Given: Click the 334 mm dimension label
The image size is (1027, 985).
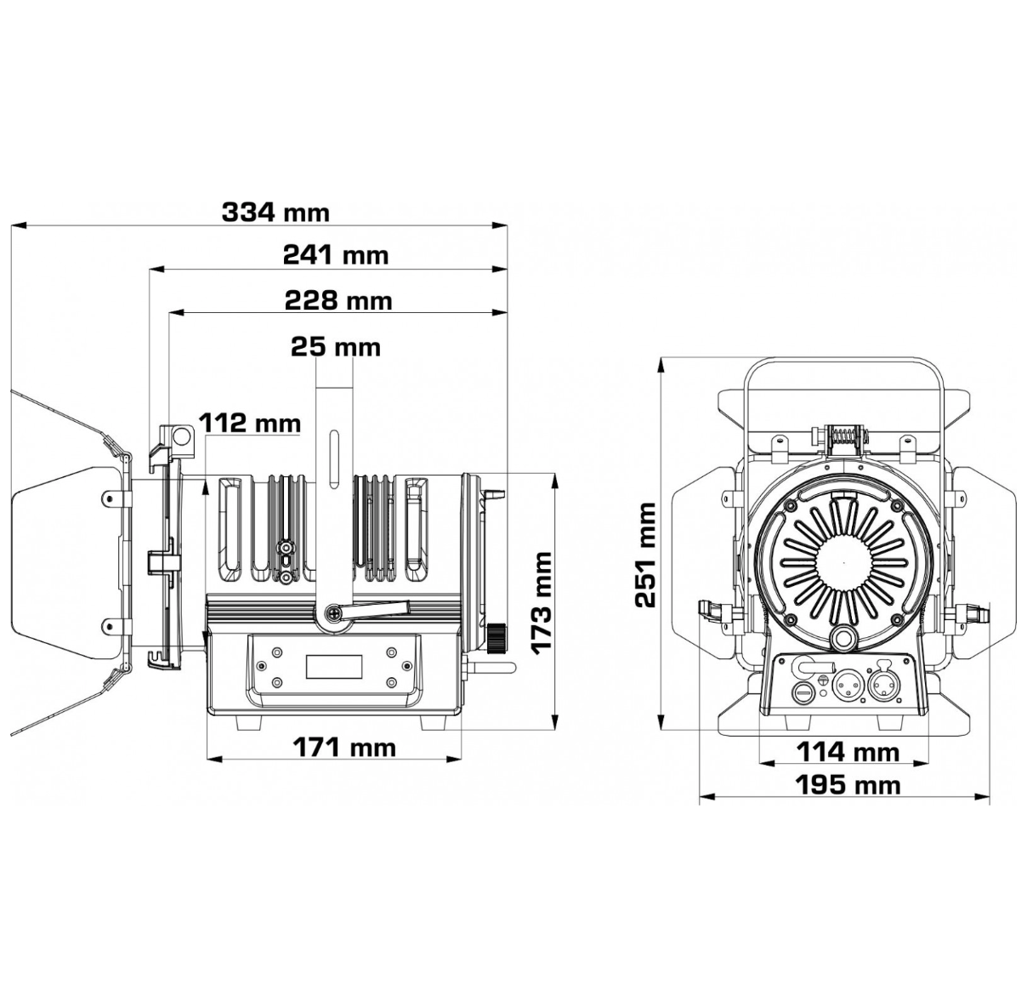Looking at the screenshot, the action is (275, 213).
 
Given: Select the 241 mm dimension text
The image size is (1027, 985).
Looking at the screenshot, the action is (336, 255).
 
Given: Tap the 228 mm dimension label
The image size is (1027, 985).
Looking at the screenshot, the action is (338, 301).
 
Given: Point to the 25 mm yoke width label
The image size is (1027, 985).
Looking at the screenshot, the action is (336, 347).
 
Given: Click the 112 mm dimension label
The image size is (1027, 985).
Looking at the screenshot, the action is (250, 423).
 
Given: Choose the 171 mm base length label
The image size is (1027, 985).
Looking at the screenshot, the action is (344, 748).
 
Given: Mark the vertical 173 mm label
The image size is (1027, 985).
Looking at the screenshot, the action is (542, 604).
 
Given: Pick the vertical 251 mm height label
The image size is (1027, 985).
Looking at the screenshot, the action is (645, 555).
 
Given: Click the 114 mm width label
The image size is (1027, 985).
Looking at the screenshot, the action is (848, 752).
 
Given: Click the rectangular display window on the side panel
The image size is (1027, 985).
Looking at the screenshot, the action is (334, 666).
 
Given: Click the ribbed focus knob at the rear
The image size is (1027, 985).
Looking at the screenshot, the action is (496, 639).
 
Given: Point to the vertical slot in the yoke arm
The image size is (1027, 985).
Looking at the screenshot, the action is (333, 458).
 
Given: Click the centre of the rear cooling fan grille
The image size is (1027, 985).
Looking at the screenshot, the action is (843, 562).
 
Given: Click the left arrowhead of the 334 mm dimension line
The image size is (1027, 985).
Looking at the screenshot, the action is (19, 225).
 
